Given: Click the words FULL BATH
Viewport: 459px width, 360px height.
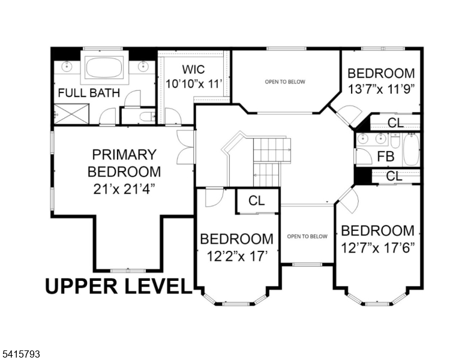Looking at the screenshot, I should click(x=89, y=94).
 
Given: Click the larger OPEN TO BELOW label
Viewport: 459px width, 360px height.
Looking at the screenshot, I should click(x=285, y=82).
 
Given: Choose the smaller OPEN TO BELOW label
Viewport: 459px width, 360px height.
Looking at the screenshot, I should click(x=307, y=236).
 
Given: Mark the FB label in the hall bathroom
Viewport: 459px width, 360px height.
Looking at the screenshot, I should click(x=386, y=157).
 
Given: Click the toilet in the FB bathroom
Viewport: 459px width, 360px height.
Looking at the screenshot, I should click(x=395, y=140).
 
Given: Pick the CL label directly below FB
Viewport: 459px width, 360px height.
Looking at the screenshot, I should click(x=394, y=176).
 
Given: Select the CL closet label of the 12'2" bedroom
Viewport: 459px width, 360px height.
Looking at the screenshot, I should click(x=257, y=201).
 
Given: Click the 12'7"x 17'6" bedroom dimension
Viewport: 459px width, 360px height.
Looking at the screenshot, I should click(x=378, y=247).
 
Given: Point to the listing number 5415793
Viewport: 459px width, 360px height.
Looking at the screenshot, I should click(x=21, y=355).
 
